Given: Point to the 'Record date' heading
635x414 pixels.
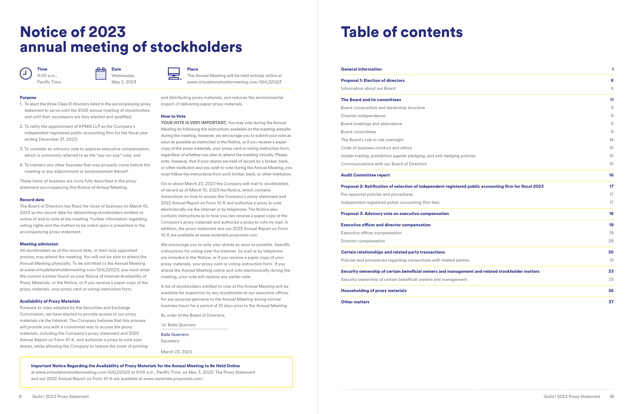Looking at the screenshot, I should [x=32, y=200].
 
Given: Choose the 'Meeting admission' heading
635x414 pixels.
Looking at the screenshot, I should [x=39, y=244].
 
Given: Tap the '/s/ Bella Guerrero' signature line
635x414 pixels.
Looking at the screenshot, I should [x=178, y=325].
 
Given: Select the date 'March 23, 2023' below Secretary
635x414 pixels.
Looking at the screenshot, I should [x=176, y=352].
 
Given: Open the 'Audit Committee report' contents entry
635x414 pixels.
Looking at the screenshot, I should [x=365, y=175].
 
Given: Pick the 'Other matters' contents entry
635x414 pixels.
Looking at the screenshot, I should [x=355, y=302].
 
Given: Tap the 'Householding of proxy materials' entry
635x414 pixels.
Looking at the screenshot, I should [x=374, y=291].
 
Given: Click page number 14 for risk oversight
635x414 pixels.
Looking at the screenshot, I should [x=611, y=140].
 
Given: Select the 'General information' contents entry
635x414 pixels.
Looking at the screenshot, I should [x=361, y=69].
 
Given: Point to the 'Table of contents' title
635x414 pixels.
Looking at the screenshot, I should [x=402, y=32].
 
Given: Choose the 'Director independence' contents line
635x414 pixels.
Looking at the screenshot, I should [x=363, y=116].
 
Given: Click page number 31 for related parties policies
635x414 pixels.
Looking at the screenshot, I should [x=611, y=260].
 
